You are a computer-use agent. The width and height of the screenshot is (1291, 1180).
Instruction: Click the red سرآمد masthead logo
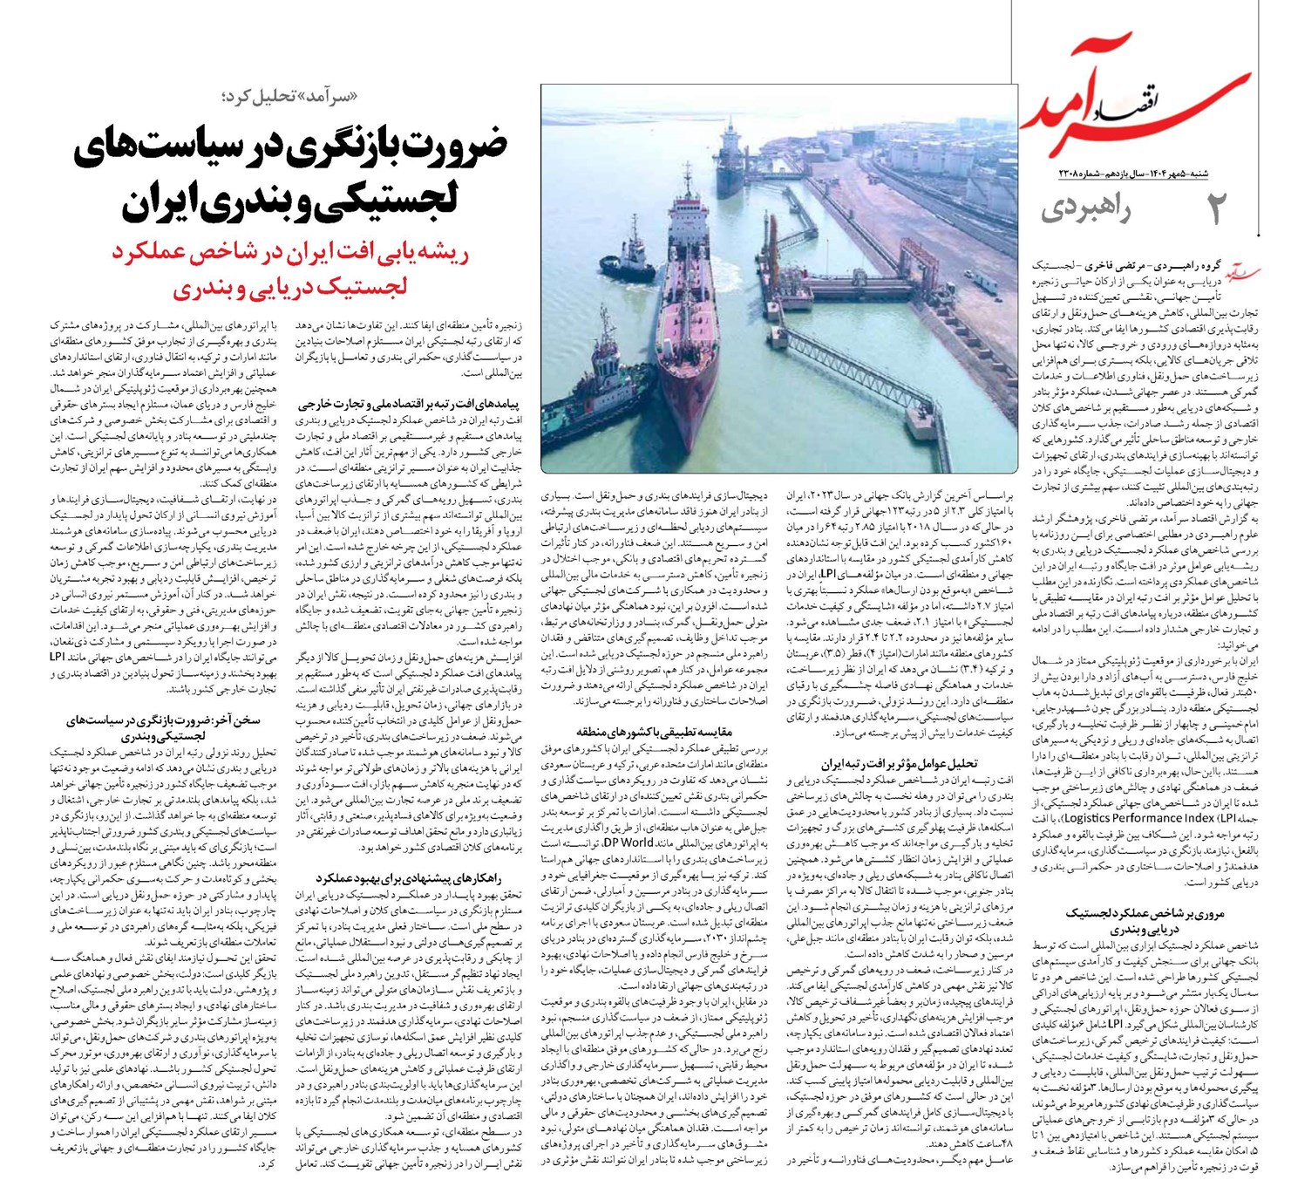(1142, 105)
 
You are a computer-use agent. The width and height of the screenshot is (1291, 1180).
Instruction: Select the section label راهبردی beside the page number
(1084, 211)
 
